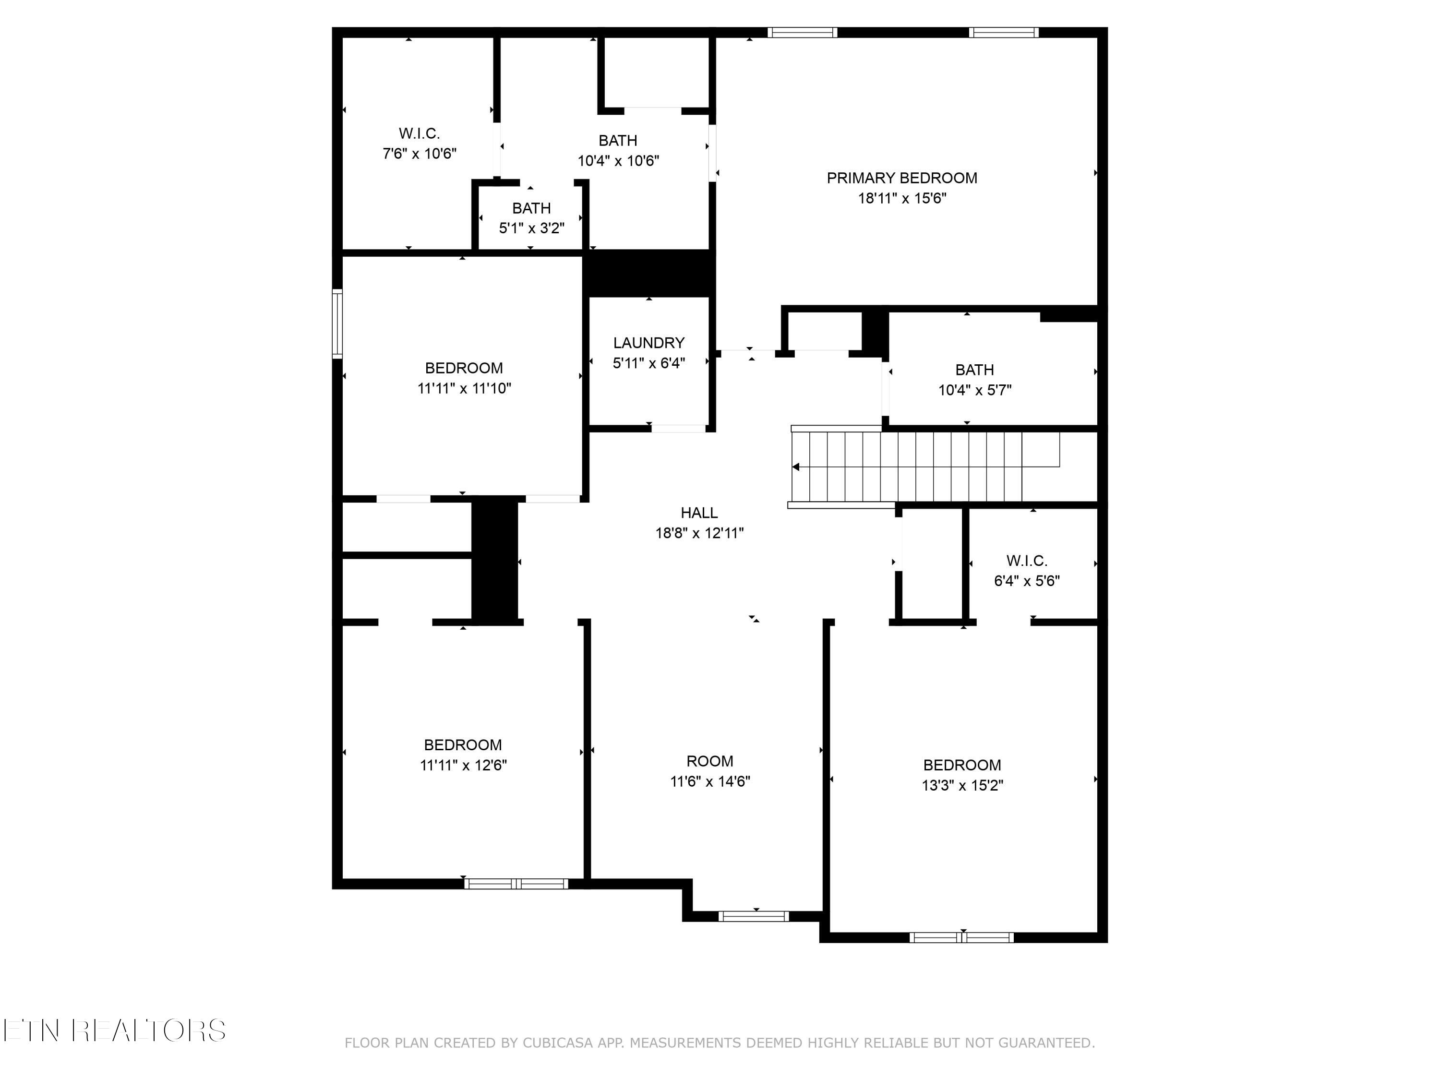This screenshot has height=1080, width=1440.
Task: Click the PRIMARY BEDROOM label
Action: pyautogui.click(x=901, y=178)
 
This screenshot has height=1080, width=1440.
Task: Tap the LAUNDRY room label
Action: pyautogui.click(x=648, y=342)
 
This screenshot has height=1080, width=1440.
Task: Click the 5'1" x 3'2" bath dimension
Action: pyautogui.click(x=531, y=228)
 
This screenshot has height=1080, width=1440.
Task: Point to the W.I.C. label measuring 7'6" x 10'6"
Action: pyautogui.click(x=419, y=133)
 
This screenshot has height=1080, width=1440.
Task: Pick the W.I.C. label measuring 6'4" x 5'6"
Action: pyautogui.click(x=1027, y=561)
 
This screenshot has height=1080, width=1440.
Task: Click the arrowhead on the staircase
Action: pyautogui.click(x=795, y=467)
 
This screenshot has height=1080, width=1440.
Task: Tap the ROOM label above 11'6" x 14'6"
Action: pyautogui.click(x=709, y=761)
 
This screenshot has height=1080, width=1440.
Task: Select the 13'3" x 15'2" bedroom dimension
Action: pyautogui.click(x=962, y=786)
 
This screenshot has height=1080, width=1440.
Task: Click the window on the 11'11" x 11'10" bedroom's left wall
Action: pyautogui.click(x=337, y=324)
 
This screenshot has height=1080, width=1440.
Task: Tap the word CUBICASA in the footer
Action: pyautogui.click(x=557, y=1044)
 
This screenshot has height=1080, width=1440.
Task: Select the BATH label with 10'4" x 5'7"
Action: pyautogui.click(x=974, y=370)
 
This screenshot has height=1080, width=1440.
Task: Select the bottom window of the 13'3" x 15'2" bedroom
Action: pyautogui.click(x=961, y=937)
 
